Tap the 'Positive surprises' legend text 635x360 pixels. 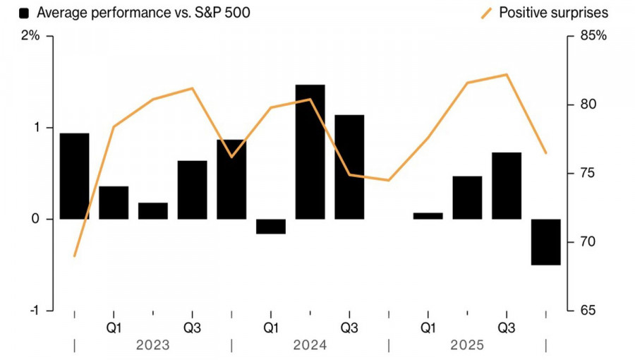pos(553,13)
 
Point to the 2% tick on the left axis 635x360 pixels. pos(31,36)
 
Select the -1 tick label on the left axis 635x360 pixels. pos(32,311)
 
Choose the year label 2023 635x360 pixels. pos(152,345)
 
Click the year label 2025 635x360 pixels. pos(466,345)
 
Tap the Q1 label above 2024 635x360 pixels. pos(271,328)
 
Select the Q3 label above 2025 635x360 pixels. pos(506,328)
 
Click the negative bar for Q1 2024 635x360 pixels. pos(271,226)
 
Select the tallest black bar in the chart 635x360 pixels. pos(310,152)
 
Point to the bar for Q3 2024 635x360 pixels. pos(349,167)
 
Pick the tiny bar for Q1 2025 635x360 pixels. pos(428,216)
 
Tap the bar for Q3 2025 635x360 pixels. pos(506,186)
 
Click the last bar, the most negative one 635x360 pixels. pos(545,242)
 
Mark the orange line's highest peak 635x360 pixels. pos(507,74)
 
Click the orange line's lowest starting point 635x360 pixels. pos(74,256)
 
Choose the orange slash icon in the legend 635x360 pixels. pos(487,13)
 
